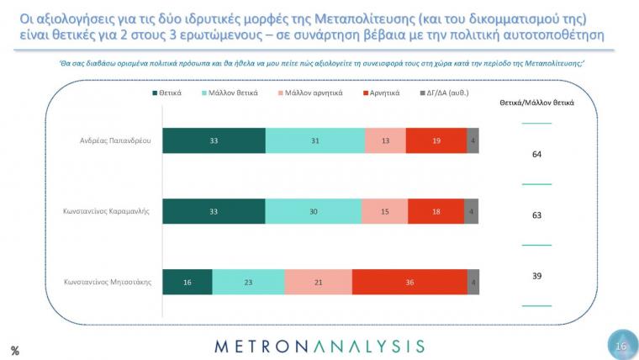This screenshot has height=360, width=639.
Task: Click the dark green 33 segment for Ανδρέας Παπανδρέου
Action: [x=214, y=140]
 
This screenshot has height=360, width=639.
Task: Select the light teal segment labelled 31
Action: [x=315, y=140]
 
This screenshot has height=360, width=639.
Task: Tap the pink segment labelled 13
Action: [x=386, y=140]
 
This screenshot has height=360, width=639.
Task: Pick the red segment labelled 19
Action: [x=436, y=140]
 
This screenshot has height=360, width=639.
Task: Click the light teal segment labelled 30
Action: [x=314, y=211]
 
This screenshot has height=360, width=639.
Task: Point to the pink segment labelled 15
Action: [x=385, y=211]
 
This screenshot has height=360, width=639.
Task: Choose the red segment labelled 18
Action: [x=436, y=211]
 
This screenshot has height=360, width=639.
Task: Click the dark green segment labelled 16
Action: [x=187, y=282]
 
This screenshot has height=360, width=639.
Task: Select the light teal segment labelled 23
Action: [x=249, y=282]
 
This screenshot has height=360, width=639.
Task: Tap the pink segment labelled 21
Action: [x=319, y=282]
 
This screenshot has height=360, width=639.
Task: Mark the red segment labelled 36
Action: [x=410, y=282]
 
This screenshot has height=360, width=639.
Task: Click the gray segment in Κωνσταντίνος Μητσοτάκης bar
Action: [x=473, y=282]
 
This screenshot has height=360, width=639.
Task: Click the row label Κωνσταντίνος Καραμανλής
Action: [x=107, y=211]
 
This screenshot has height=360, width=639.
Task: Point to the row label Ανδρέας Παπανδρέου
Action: [x=115, y=140]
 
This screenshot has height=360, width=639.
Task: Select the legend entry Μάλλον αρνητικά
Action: [x=310, y=93]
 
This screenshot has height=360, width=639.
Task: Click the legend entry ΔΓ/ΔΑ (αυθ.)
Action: [x=445, y=93]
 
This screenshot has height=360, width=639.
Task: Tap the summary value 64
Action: [x=536, y=154]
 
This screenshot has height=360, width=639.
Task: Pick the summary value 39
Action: [x=536, y=276]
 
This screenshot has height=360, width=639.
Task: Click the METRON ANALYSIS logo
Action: [x=319, y=347]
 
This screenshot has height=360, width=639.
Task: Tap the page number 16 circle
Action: [x=622, y=346]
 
